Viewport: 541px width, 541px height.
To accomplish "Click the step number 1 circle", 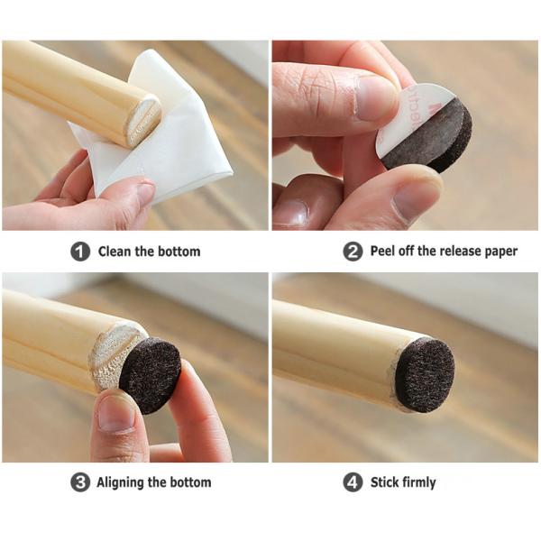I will (x=81, y=252).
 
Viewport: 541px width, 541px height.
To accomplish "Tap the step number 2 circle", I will (x=353, y=252).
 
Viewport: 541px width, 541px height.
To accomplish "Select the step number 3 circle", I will (x=81, y=482).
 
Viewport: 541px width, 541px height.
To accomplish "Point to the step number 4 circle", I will (x=353, y=482).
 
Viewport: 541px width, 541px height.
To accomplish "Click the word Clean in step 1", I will (x=115, y=252).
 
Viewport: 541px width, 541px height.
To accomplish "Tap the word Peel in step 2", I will (x=384, y=252).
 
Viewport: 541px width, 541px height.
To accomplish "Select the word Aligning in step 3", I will (x=126, y=482).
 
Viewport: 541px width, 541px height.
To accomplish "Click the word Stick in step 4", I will (x=384, y=482).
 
